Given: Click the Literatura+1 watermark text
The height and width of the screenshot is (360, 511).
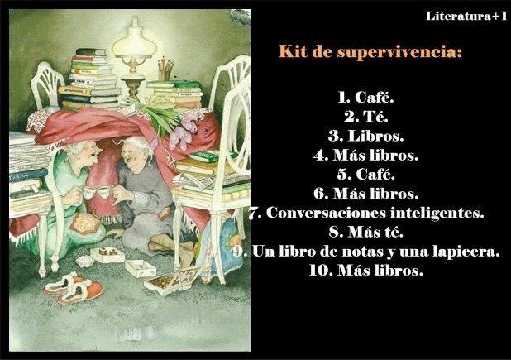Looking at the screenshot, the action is coord(466,16).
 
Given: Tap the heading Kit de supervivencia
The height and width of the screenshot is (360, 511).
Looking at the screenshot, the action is coord(370,51).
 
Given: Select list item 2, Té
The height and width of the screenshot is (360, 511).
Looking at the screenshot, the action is coord(366,117).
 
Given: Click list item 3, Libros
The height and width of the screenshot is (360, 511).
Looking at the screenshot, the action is coord(366,136).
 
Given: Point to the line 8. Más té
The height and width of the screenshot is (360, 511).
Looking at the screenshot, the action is coord(366,232).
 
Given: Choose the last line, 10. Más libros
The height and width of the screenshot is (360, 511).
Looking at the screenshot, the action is coord(366,271).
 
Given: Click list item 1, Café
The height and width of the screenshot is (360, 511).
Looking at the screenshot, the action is coord(366,97).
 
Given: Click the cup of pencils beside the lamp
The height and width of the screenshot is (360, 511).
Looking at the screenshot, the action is coord(165,70).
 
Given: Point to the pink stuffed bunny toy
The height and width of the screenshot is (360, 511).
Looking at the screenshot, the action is coord(185,130).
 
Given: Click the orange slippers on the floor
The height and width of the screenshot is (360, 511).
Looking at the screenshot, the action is coord(74,288).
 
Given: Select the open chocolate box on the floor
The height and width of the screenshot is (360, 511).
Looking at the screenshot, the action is coord(172,280).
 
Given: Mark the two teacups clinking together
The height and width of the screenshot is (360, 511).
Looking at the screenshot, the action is coord(98,192).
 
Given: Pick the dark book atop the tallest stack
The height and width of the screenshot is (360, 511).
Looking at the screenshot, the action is coord(91,52).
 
